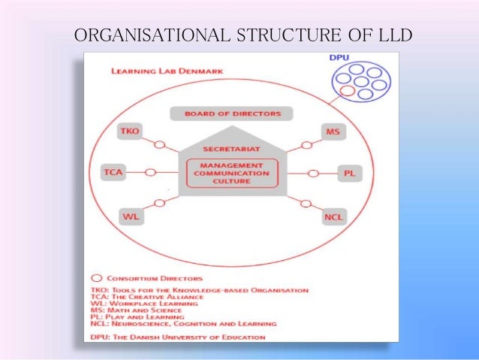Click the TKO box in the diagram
[x=129, y=132]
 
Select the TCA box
[x=113, y=173]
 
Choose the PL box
[x=348, y=173]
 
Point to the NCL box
[x=333, y=217]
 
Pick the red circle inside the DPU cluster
[x=347, y=91]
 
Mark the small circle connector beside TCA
[x=149, y=173]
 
